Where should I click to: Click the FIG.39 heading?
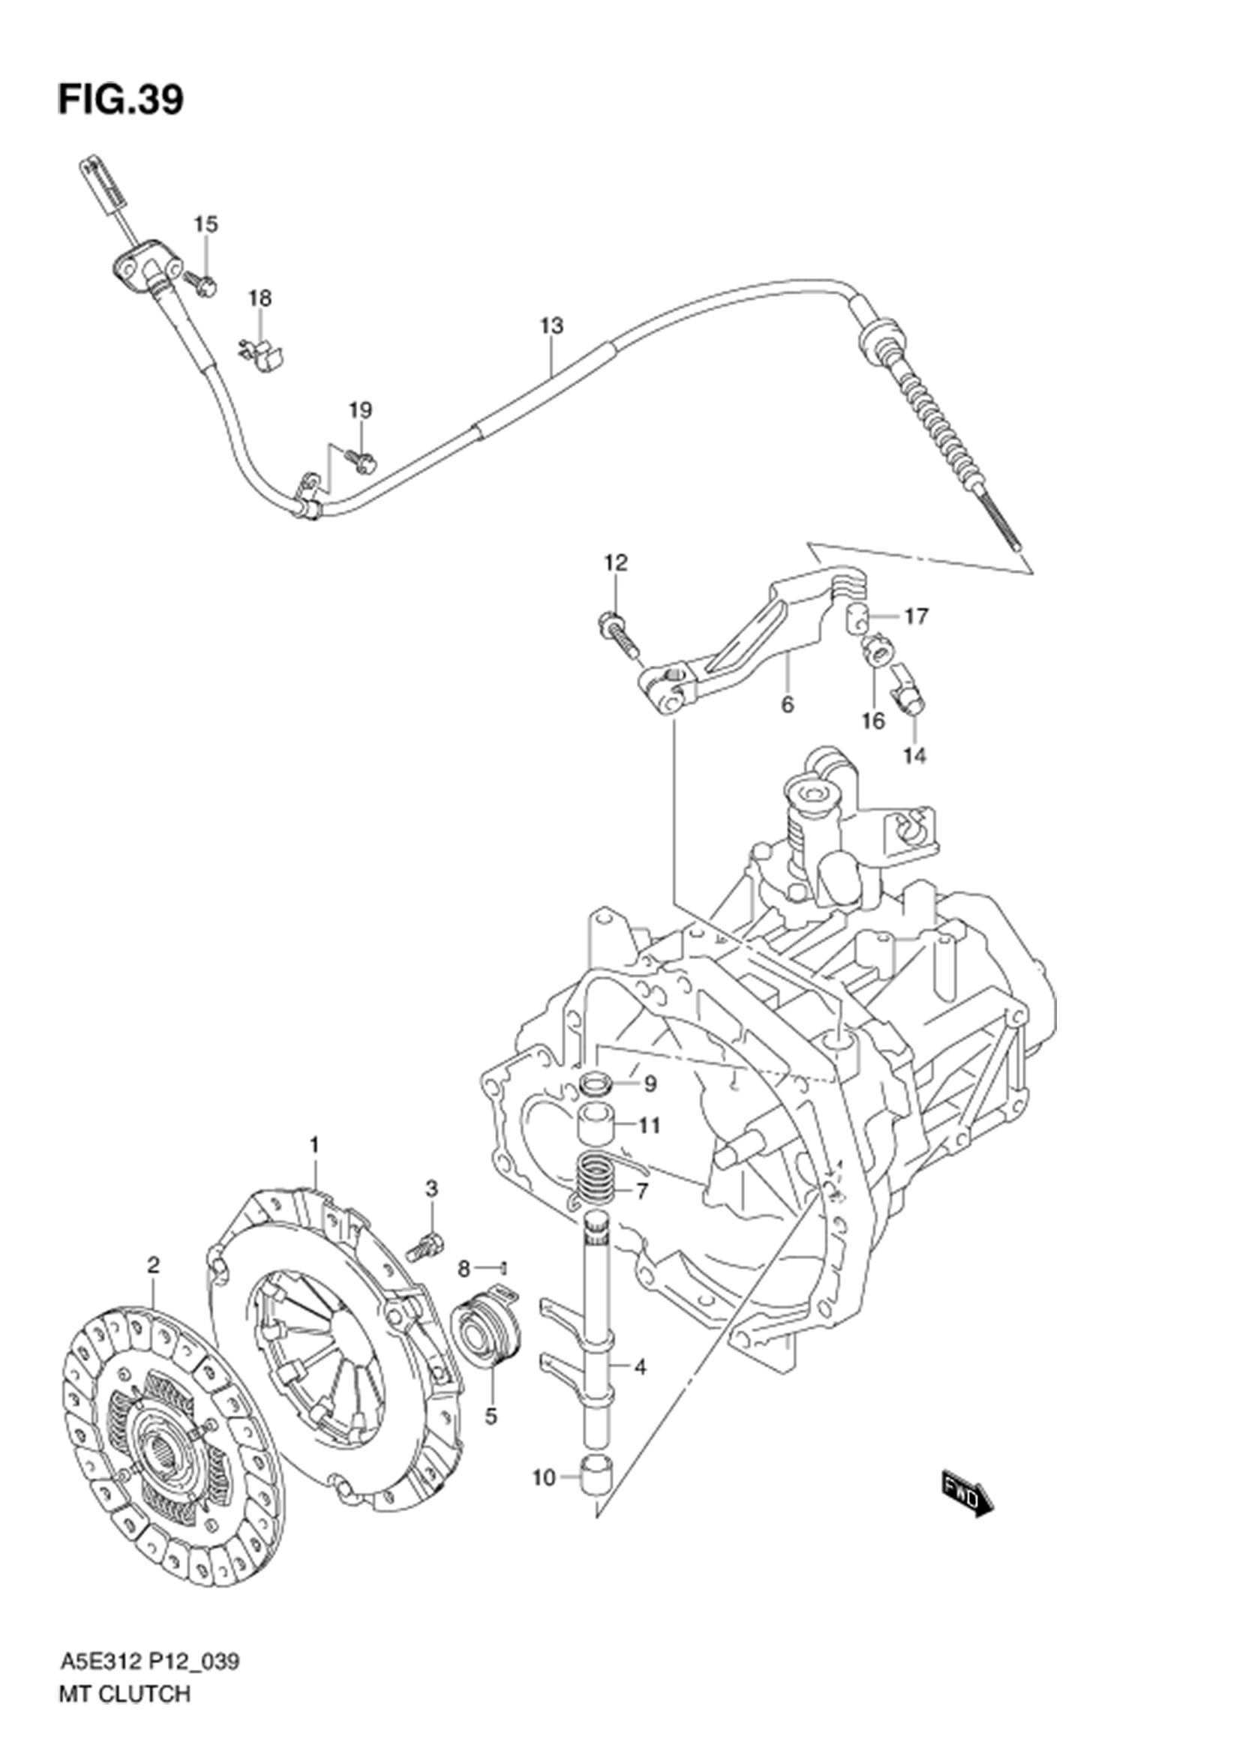(121, 100)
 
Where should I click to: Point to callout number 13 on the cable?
(551, 325)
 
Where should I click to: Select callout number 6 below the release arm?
(787, 703)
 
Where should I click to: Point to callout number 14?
(914, 756)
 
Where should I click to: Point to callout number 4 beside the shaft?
(640, 1368)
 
